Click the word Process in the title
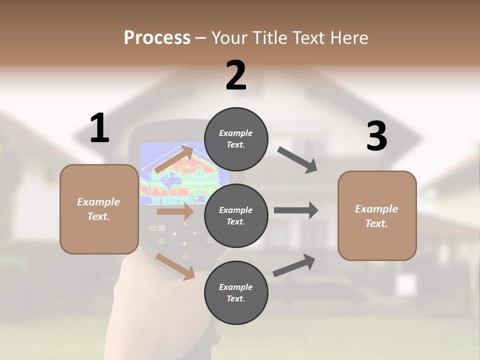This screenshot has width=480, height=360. (x=157, y=38)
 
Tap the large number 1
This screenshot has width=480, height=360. (x=99, y=128)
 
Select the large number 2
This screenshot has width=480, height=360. (x=236, y=75)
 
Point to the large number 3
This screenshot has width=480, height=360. (x=376, y=136)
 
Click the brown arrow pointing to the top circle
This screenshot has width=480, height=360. (x=174, y=159)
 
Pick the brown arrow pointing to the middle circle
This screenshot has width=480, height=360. (x=175, y=211)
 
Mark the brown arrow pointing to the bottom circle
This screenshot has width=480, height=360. (x=175, y=266)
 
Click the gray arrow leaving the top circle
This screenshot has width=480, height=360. (x=297, y=160)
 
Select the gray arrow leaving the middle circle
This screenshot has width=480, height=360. (x=295, y=210)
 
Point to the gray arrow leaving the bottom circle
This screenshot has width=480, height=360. (x=294, y=265)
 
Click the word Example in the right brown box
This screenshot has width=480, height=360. (x=376, y=209)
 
